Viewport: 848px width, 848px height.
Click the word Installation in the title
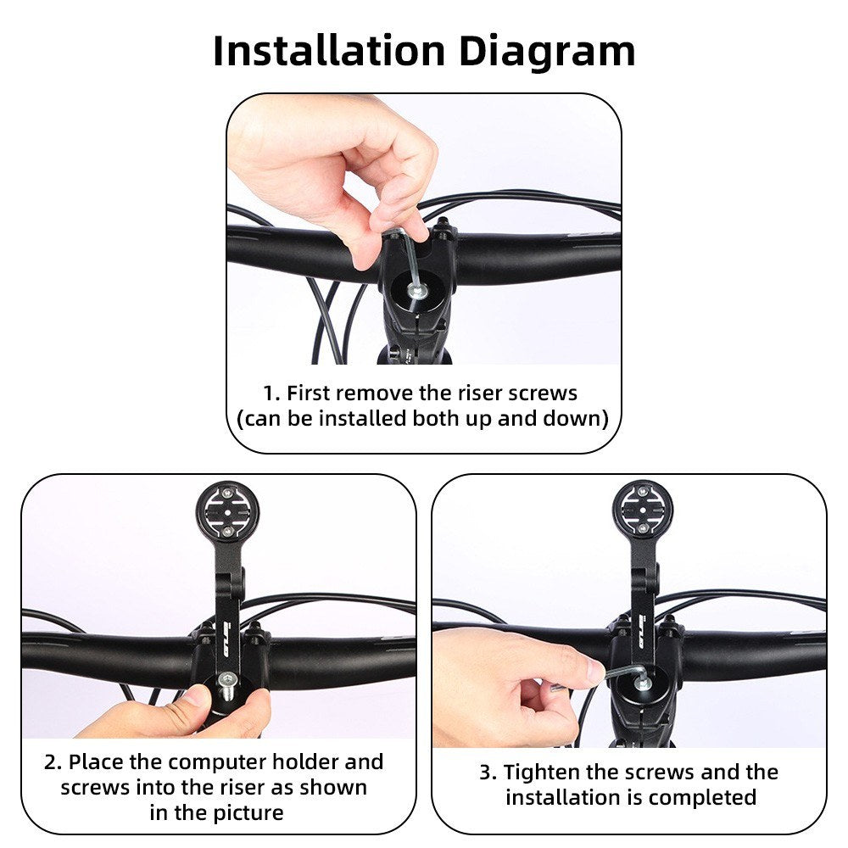329,51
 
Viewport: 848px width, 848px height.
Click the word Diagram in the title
546,52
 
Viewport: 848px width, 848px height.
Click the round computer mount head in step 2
227,510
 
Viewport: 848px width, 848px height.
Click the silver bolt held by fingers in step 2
227,684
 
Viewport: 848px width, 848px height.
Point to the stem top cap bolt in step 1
418,293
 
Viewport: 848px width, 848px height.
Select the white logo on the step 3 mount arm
644,631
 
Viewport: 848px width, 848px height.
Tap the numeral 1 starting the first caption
268,393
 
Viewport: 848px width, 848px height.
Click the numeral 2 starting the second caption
50,762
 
